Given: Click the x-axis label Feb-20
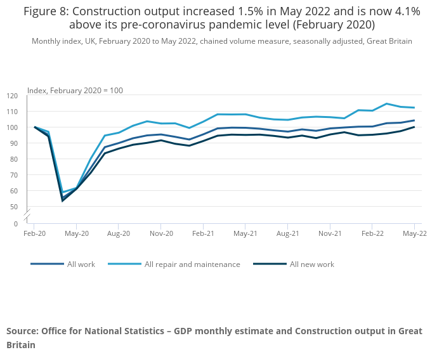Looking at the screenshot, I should click(34, 234).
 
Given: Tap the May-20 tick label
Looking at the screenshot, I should click(76, 234).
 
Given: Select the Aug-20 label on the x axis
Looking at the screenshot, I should click(119, 234).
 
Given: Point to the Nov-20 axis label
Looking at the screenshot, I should click(161, 234).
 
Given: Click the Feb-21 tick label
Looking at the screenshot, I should click(203, 234).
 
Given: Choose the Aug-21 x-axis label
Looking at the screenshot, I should click(288, 234).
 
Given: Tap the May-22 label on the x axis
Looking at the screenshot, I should click(414, 234).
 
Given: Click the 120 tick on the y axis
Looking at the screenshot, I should click(13, 96).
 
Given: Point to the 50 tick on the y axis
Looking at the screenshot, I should click(14, 207).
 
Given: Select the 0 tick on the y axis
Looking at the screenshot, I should click(16, 223).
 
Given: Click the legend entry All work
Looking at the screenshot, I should click(81, 264).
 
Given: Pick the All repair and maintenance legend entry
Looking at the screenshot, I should click(192, 264).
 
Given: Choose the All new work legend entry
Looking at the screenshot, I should click(311, 264).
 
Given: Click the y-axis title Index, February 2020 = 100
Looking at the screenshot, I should click(75, 90).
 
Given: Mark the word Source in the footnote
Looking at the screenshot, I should click(22, 331).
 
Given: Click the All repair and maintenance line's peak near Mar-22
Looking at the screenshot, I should click(386, 103).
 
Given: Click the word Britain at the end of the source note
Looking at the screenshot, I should click(21, 345).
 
